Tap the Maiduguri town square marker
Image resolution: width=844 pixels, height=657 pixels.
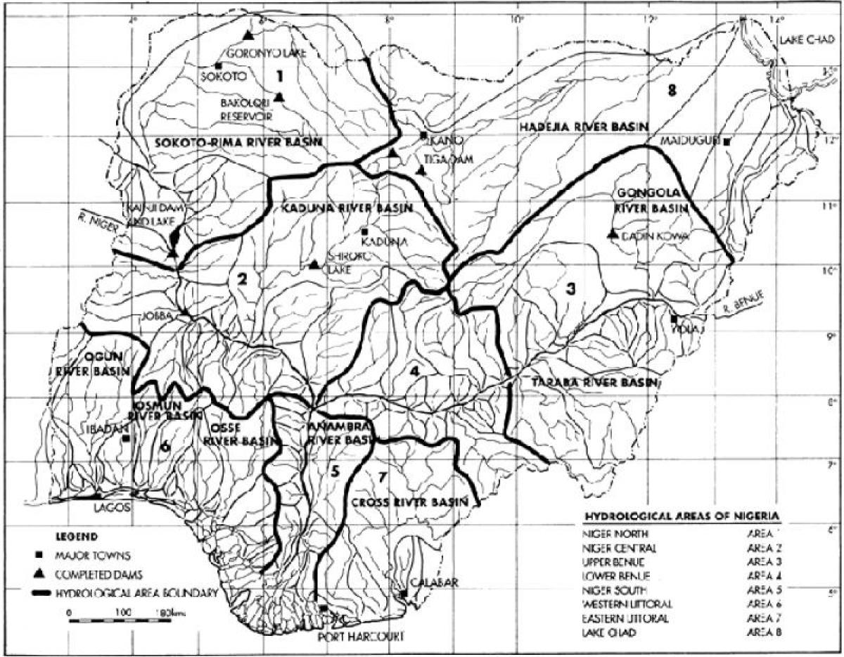(727, 141)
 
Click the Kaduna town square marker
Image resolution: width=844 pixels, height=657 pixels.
(365, 231)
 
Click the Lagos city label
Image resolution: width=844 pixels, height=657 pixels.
(113, 511)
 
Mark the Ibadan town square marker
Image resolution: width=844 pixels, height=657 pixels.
(126, 438)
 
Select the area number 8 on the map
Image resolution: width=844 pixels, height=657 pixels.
(672, 89)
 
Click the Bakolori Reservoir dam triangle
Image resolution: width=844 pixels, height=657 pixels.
(279, 97)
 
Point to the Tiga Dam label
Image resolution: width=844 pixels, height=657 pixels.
(450, 159)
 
